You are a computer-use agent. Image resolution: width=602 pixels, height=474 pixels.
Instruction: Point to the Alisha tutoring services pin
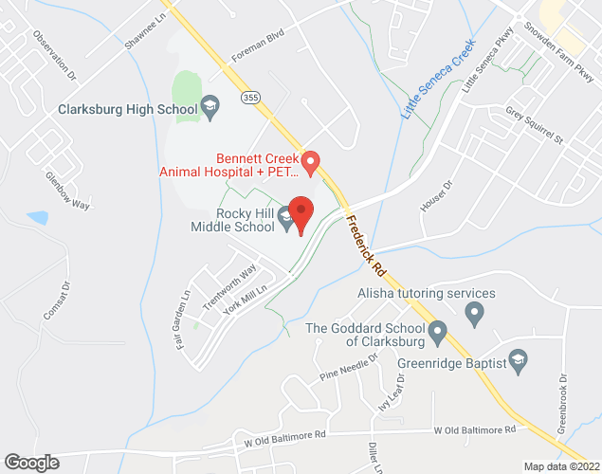pos(477,311)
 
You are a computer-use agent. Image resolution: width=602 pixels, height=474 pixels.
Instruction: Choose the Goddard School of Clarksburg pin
pos(437,333)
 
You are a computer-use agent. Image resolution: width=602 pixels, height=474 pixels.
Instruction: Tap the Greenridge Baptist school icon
pos(518,359)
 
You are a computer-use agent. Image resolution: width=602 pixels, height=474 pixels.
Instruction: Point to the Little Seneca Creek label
pos(437,78)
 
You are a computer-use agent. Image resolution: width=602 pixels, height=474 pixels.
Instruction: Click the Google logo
pos(30,462)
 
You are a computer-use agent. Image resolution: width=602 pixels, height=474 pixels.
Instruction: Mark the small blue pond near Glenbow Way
pos(38,218)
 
